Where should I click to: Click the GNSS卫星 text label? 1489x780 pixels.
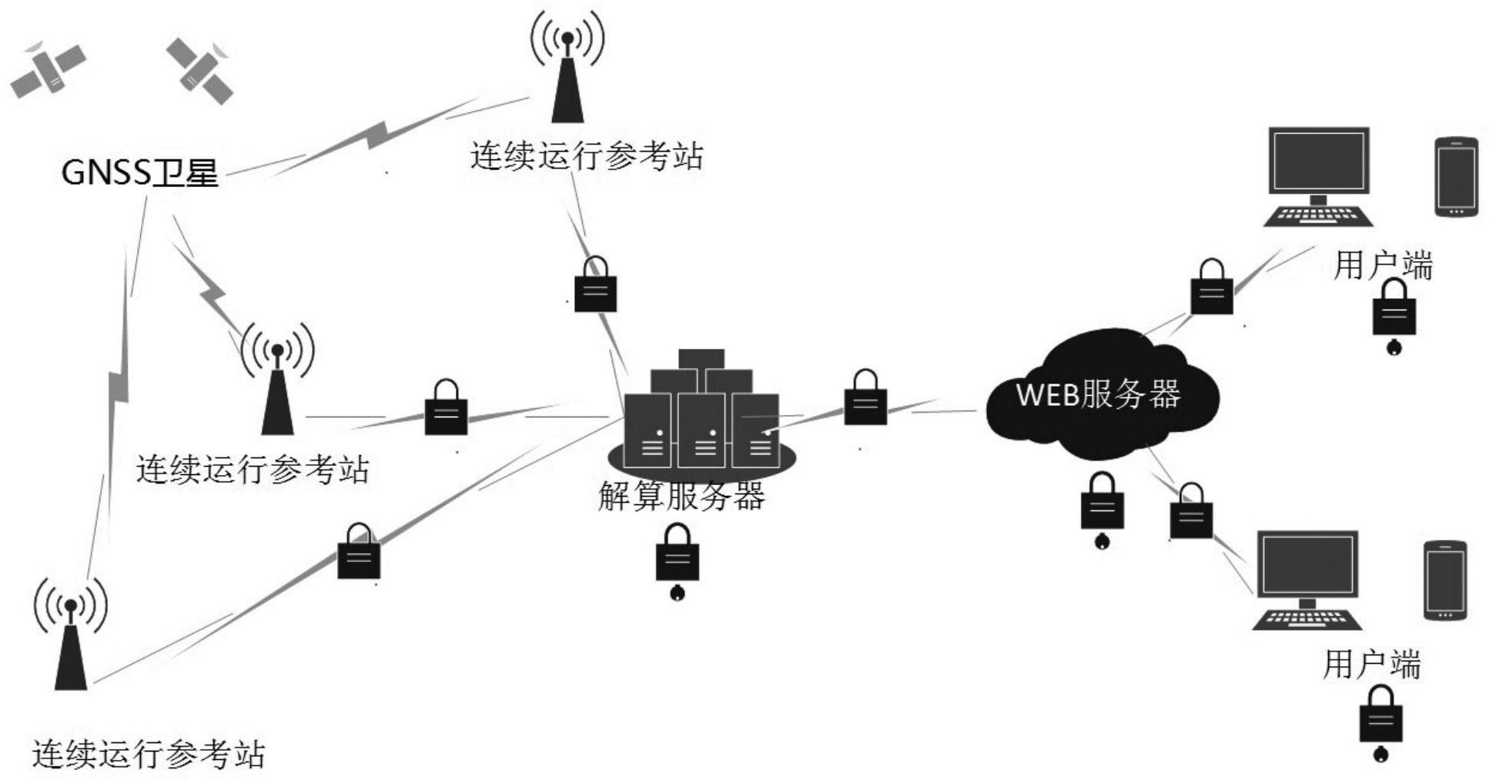click(x=140, y=172)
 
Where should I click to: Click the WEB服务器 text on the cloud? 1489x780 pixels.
click(x=1097, y=394)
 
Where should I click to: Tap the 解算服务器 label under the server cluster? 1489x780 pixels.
click(x=681, y=496)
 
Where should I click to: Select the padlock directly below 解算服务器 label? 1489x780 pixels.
click(x=677, y=557)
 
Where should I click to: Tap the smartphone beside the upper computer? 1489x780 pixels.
click(x=1456, y=177)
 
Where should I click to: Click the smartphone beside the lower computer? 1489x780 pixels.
click(x=1444, y=581)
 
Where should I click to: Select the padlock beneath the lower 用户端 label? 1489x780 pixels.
click(x=1380, y=719)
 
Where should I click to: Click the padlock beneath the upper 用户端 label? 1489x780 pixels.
click(x=1394, y=312)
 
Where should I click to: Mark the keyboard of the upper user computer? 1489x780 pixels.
click(x=1318, y=216)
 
